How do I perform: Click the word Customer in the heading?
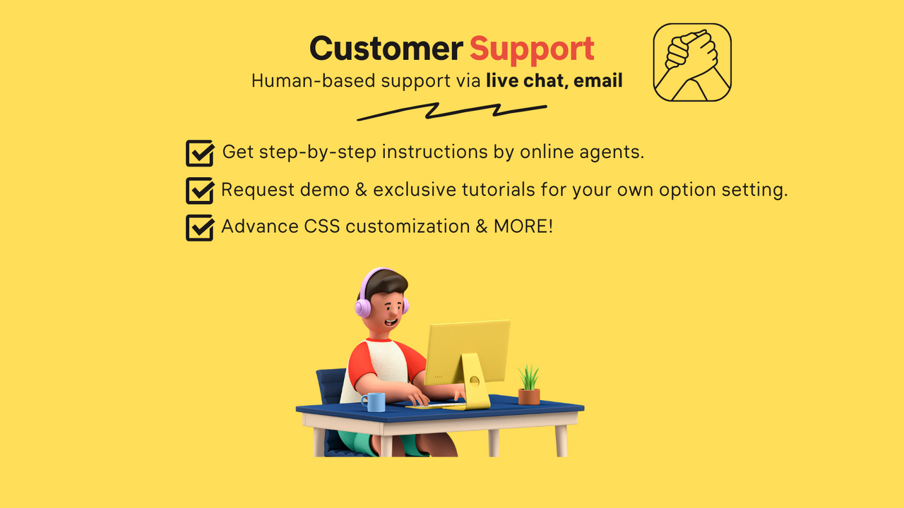point(386,49)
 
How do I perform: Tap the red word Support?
point(532,50)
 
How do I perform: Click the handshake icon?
point(692,62)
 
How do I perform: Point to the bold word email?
point(598,80)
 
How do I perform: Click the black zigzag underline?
point(452,111)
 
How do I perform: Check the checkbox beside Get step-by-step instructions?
point(200,153)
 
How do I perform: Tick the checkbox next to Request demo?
point(200,190)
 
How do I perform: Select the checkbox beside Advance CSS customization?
point(200,227)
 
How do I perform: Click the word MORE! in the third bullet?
point(523,226)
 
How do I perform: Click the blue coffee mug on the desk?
point(374,402)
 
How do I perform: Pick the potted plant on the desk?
point(529,385)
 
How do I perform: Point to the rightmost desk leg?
point(561,441)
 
